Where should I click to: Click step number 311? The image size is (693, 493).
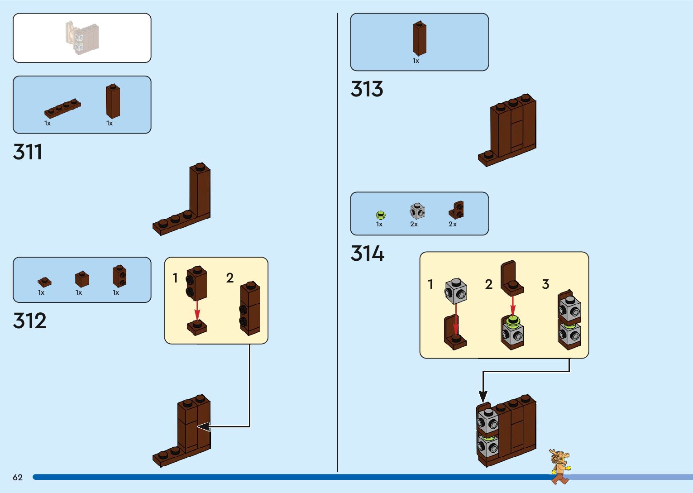(x=28, y=152)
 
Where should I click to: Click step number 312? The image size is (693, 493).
(x=30, y=321)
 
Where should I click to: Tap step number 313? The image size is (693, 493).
(x=367, y=89)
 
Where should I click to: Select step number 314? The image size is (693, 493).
(x=367, y=254)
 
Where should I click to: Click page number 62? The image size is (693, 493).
(x=18, y=478)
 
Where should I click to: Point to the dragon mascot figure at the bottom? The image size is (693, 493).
(x=560, y=466)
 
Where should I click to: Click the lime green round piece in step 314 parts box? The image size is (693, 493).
(x=381, y=215)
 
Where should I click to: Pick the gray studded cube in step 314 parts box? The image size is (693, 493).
(x=417, y=211)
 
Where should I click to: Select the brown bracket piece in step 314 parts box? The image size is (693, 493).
(x=457, y=210)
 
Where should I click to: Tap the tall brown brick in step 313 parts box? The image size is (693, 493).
(x=419, y=38)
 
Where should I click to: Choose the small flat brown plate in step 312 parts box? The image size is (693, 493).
(x=44, y=282)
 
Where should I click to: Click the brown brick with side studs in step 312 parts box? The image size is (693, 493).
(x=119, y=276)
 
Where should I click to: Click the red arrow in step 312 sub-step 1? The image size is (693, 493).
(x=197, y=311)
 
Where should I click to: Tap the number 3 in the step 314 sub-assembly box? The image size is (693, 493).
(x=545, y=284)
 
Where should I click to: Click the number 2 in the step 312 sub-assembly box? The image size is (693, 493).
(x=230, y=278)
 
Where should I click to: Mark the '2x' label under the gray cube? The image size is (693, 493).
(x=414, y=225)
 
